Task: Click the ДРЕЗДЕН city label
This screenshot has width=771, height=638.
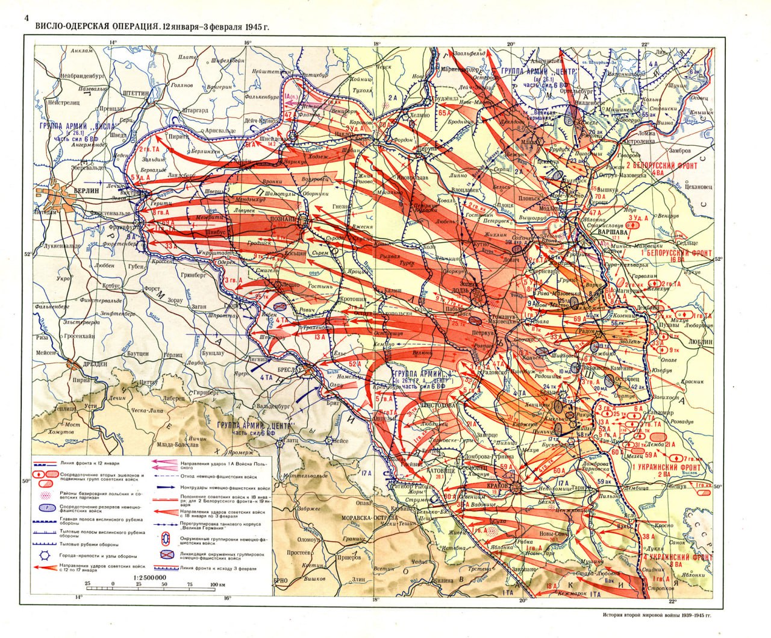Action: click(x=93, y=364)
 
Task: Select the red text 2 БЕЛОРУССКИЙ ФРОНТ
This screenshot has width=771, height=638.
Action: click(x=661, y=166)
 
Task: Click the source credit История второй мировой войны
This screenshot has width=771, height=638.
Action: click(x=656, y=616)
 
